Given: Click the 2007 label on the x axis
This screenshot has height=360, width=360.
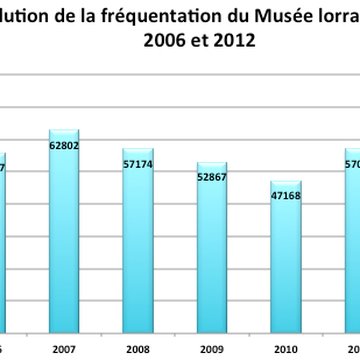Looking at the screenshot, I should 64,348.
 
